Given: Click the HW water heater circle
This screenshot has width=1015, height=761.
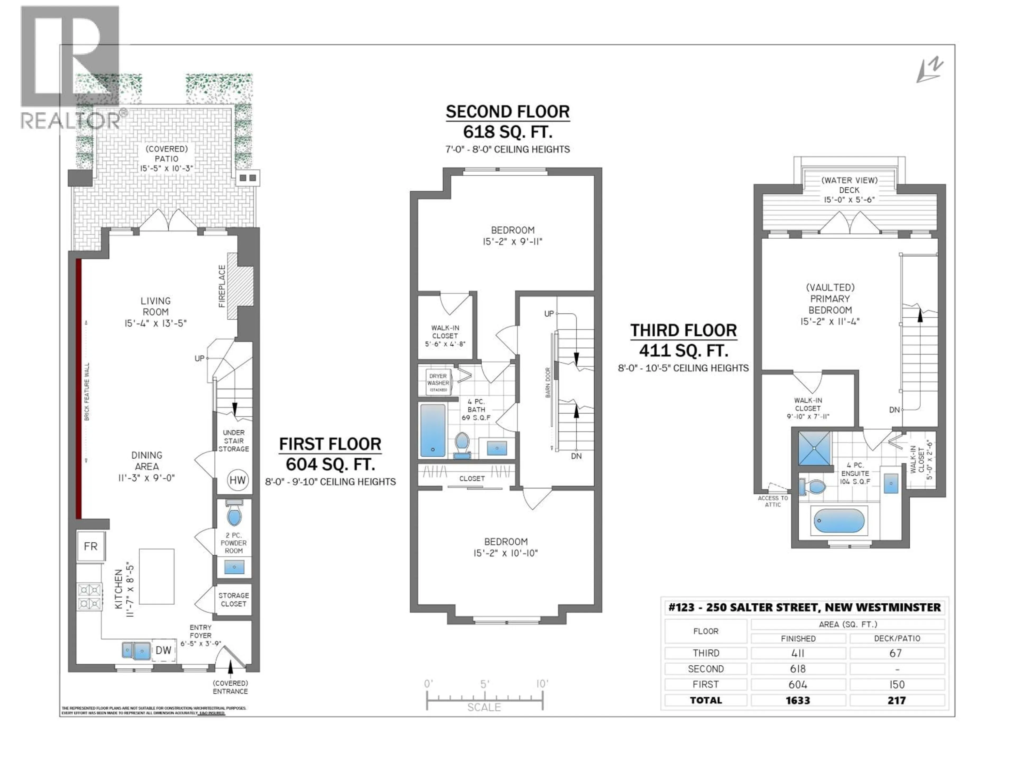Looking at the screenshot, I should [237, 480].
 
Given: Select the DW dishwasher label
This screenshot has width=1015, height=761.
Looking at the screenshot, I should [163, 650].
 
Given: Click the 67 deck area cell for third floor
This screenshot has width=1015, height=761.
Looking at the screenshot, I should [896, 653].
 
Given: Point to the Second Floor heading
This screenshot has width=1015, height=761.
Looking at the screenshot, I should [508, 112].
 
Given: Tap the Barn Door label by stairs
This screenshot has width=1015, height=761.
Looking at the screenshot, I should [548, 382].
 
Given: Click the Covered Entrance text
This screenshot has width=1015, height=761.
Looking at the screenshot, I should [230, 687].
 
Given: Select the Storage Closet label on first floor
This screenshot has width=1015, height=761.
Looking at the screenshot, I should [234, 600].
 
